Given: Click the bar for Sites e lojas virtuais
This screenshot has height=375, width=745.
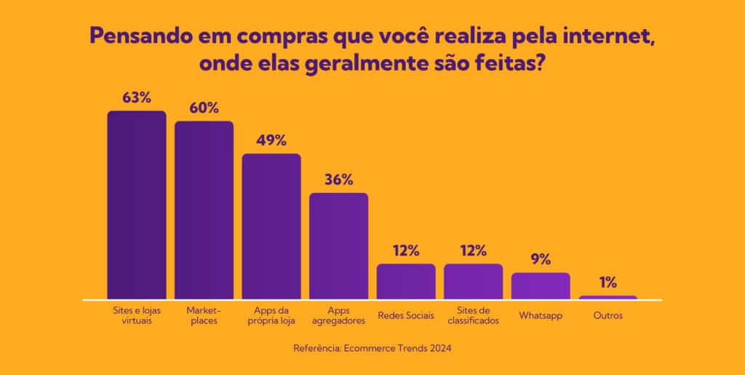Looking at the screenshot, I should click(x=137, y=205).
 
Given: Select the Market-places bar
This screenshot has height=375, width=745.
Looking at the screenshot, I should click(x=204, y=210).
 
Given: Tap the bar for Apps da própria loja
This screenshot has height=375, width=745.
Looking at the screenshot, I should click(x=271, y=226).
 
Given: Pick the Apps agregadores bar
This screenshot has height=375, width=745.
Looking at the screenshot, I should click(x=339, y=245).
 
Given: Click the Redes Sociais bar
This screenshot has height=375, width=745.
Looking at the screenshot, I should click(x=406, y=281).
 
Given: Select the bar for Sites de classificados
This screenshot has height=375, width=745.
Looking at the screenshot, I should click(x=473, y=281).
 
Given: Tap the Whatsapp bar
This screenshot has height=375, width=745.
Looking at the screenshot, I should click(x=541, y=285).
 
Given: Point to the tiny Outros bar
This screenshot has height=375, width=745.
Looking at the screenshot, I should click(x=608, y=297).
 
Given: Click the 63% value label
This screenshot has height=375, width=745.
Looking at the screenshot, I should click(x=137, y=97).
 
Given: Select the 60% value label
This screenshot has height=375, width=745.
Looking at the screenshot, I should click(x=204, y=108).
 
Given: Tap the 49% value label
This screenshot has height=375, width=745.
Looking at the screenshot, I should click(x=271, y=140).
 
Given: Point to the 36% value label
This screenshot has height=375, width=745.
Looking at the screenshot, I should click(x=339, y=179).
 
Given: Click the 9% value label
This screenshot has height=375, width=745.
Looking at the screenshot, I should click(x=541, y=259).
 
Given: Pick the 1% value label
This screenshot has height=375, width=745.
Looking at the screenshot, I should click(x=608, y=283).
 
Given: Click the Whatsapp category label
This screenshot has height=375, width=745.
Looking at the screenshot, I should click(x=541, y=316).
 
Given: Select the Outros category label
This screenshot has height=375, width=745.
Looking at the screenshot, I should click(x=608, y=316).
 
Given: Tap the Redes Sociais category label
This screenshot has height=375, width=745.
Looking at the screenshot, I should click(x=406, y=316).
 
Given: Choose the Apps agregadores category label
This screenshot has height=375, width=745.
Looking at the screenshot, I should click(x=339, y=315).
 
